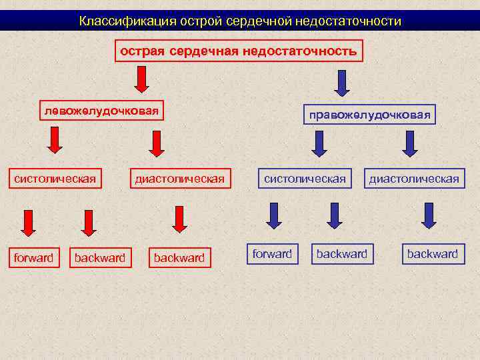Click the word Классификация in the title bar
tap(117, 21)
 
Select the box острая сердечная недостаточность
tap(239, 51)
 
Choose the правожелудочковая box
tap(369, 115)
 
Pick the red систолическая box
tap(55, 179)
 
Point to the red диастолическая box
tap(179, 179)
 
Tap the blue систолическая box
tap(305, 179)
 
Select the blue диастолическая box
tap(414, 179)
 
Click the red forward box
tap(33, 258)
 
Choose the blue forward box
tap(272, 254)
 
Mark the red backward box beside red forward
tap(100, 258)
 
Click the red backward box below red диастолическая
tap(179, 258)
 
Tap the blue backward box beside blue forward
tap(342, 254)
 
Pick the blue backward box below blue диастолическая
tap(433, 254)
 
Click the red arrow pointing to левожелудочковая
tap(141, 81)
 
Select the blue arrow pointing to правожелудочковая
tap(341, 82)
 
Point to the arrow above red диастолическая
tap(157, 143)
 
